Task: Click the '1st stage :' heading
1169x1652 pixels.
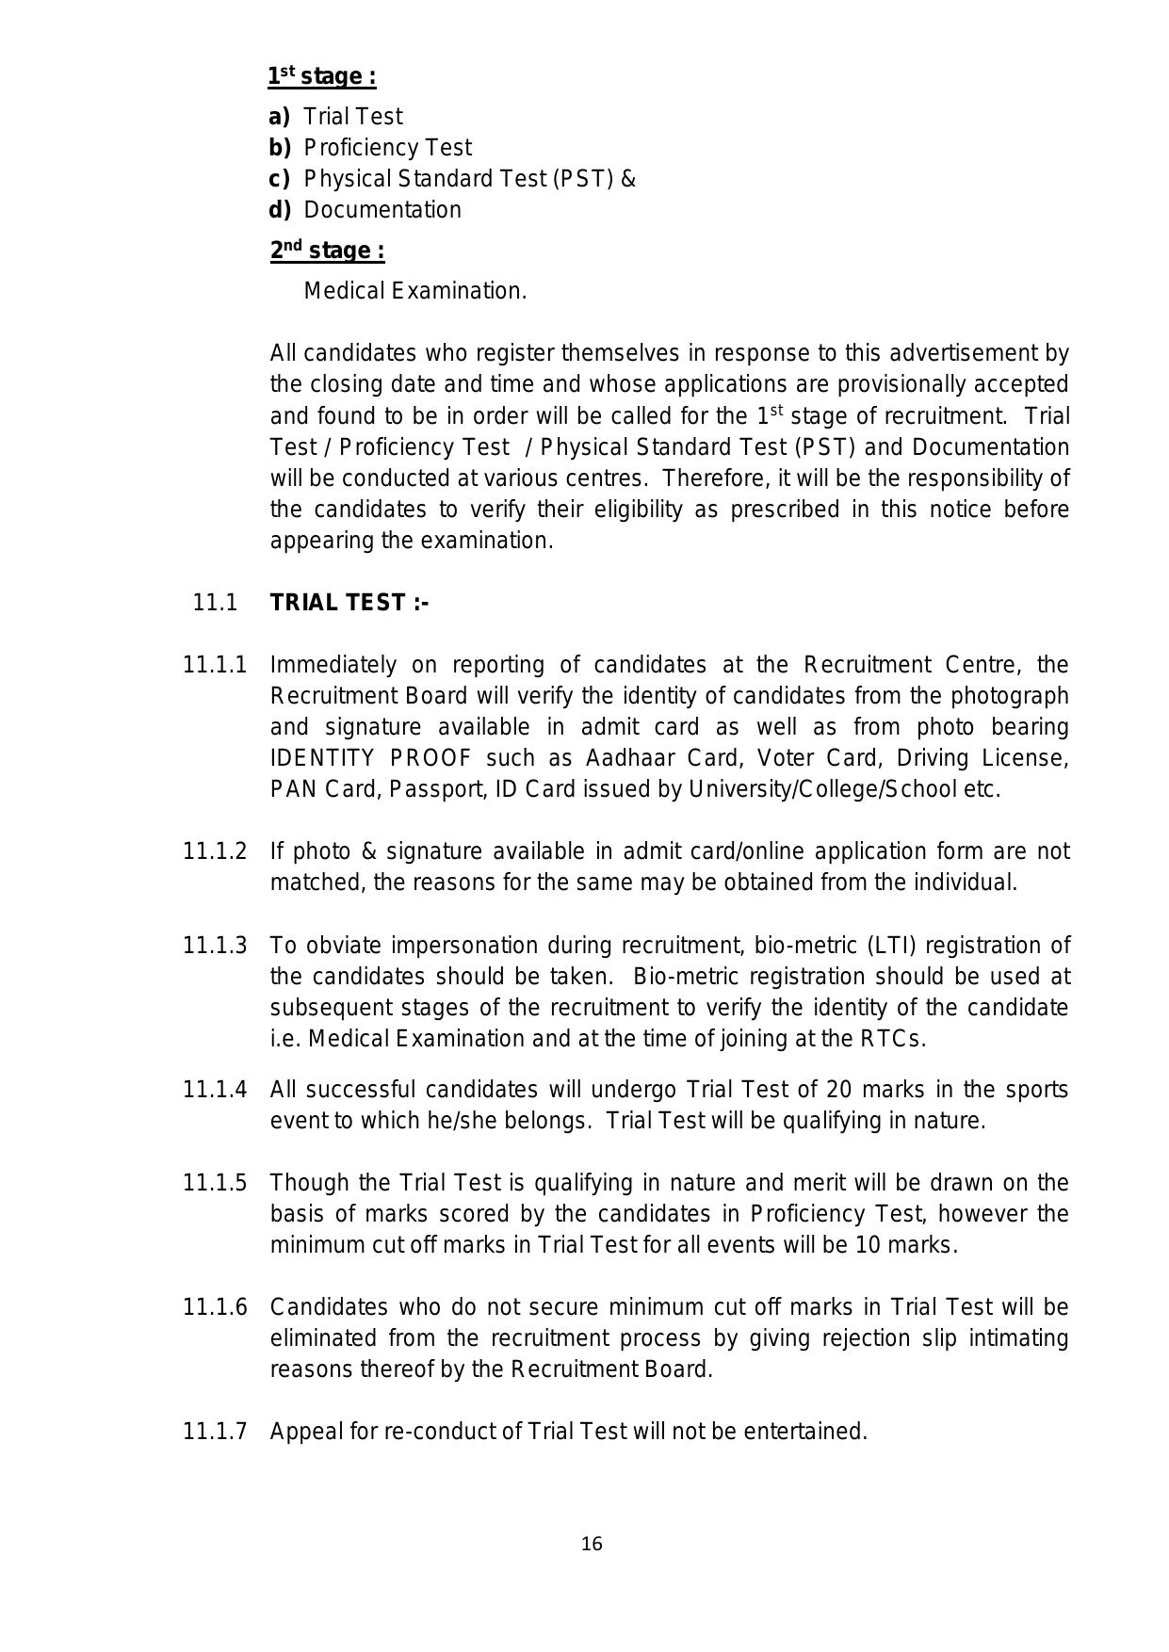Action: (321, 76)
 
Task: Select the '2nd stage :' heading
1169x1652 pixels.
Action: (327, 251)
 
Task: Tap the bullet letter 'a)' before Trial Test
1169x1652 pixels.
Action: (280, 117)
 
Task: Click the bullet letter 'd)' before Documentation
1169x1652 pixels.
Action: (280, 210)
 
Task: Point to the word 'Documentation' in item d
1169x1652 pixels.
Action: (382, 210)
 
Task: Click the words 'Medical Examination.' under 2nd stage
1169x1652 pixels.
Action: (414, 291)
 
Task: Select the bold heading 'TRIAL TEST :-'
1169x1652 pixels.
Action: (349, 603)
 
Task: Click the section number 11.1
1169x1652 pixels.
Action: (215, 603)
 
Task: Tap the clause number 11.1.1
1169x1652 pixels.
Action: (215, 665)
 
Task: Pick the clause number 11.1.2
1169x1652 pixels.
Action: (215, 851)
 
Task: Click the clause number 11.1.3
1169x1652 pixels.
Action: (215, 945)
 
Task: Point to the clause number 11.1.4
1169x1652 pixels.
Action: (215, 1090)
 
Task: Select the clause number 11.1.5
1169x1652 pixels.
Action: (215, 1183)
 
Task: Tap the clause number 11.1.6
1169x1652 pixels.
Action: (215, 1307)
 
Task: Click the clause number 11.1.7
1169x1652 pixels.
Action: (215, 1432)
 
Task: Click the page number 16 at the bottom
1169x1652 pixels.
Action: (592, 1544)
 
